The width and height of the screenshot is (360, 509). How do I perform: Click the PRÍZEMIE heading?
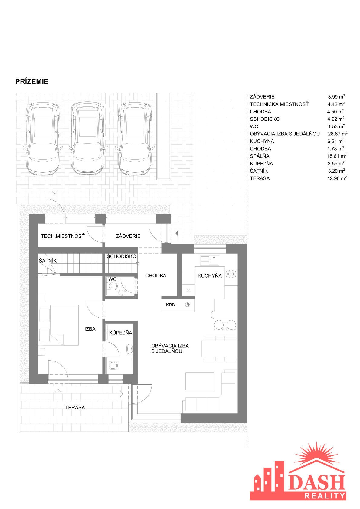click(32, 81)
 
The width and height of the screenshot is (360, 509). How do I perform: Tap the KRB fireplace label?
click(170, 305)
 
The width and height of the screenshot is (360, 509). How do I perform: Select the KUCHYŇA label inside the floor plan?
click(210, 276)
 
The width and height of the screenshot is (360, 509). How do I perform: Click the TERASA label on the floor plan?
click(75, 408)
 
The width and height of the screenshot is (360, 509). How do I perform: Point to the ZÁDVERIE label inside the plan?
click(128, 236)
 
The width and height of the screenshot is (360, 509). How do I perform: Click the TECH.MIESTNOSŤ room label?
click(63, 236)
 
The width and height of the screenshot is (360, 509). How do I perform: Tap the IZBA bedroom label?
click(90, 329)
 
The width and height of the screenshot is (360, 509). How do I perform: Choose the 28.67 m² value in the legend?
click(338, 134)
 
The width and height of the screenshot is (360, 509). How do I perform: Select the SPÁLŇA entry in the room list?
click(260, 156)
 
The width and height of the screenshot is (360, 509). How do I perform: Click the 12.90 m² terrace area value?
click(337, 178)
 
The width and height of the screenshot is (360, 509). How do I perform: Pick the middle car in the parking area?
click(88, 139)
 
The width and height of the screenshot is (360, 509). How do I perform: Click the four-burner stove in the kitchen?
click(231, 274)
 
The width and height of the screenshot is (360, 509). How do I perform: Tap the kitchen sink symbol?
click(210, 260)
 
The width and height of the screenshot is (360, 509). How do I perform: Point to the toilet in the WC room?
click(113, 286)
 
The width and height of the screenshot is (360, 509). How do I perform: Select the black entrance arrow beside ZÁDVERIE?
click(177, 233)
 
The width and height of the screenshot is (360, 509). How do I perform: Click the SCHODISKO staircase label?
click(121, 256)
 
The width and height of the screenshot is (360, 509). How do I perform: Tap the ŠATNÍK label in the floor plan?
click(47, 261)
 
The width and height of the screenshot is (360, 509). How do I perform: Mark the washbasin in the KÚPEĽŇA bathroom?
click(130, 349)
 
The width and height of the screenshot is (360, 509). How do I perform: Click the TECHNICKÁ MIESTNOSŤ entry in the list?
click(279, 104)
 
